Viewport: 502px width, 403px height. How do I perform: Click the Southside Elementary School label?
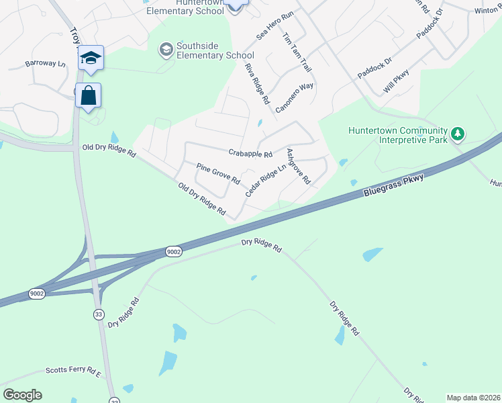click(215, 50)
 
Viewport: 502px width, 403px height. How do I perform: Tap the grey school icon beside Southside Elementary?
click(165, 49)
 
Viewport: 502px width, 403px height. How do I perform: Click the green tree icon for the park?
click(458, 134)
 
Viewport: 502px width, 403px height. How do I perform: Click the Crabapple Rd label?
click(250, 153)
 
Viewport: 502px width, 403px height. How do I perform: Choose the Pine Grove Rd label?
click(218, 173)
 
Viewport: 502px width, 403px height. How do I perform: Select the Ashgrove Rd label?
click(299, 167)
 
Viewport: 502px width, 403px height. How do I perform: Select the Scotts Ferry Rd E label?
click(72, 370)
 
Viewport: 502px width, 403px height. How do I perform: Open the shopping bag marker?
click(89, 96)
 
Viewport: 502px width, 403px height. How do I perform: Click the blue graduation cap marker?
click(91, 58)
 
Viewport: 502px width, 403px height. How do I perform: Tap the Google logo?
click(22, 395)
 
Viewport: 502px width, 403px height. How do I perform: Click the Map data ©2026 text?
click(472, 398)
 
